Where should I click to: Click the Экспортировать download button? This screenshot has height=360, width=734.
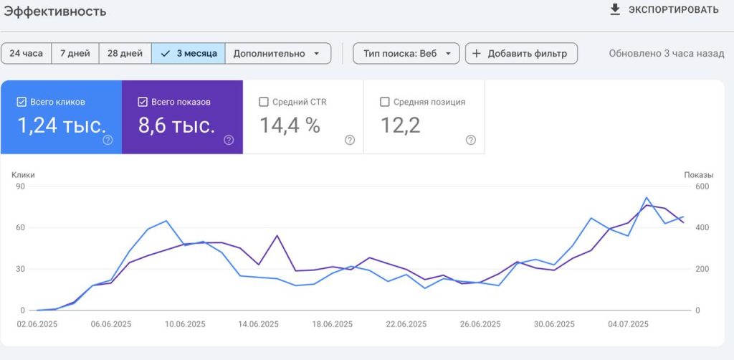pos(664,10)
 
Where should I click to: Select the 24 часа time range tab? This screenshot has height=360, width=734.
pos(27,53)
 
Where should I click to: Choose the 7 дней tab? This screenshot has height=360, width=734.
pos(75,53)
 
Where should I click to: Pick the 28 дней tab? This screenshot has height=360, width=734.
pos(125,53)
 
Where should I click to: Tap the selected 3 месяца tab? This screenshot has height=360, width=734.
pos(189,53)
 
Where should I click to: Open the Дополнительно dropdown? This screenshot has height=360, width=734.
pos(278,53)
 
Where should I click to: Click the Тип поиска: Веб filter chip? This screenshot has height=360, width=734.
pos(406,53)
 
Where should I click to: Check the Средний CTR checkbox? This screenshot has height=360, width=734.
pos(264,102)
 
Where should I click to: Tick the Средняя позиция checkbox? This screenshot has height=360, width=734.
pos(385,102)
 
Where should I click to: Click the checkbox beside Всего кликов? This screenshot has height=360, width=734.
pos(21,102)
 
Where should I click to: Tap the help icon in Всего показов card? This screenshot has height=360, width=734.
pos(229,140)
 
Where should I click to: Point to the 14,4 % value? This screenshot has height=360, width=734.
pos(290,125)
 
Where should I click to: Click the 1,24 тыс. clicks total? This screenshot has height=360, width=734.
pos(62,125)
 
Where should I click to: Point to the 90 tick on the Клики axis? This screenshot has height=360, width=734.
pos(20,186)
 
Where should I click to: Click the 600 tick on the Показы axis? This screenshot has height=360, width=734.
pos(702,186)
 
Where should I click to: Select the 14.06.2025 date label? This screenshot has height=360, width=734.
pos(258,324)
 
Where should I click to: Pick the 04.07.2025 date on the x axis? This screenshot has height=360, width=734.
pos(628,324)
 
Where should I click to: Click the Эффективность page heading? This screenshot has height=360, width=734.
pos(55,11)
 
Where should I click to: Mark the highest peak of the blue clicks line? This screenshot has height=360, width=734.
pos(647,197)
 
